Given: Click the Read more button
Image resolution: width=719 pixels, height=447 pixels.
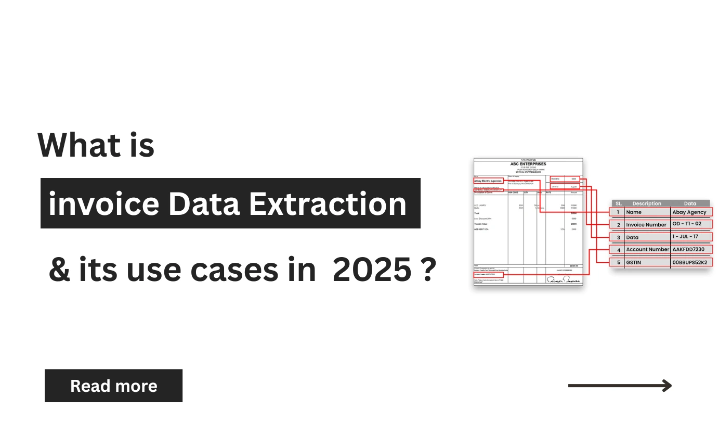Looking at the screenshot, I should (x=113, y=386).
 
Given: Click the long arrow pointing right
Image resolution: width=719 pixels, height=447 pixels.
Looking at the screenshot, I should (x=620, y=386).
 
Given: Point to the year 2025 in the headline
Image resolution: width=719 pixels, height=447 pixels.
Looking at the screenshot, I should (x=370, y=271).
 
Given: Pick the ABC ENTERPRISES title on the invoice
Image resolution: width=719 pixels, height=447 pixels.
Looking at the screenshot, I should (x=528, y=164).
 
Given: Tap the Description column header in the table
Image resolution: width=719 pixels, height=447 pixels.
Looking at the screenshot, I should (x=647, y=203).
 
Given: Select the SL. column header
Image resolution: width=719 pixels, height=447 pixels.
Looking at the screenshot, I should (x=618, y=203).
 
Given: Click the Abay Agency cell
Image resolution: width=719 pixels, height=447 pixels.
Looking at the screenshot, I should (x=689, y=212).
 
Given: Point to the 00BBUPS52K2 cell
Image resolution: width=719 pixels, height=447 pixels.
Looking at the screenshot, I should (x=689, y=262).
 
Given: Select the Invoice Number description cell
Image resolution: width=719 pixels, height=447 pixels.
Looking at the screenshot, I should (x=646, y=225).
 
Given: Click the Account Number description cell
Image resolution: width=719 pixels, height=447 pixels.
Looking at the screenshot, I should (x=647, y=249).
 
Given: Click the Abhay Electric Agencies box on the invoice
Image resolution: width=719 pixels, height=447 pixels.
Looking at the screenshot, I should (x=488, y=181).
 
